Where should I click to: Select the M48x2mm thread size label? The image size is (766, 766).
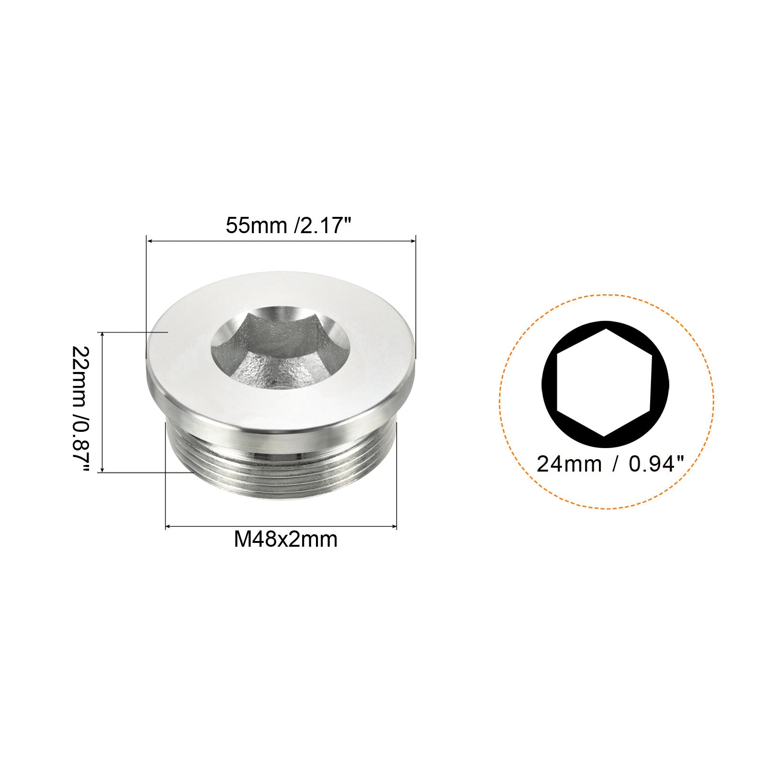pyautogui.click(x=285, y=540)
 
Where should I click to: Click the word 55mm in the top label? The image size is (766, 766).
pyautogui.click(x=256, y=225)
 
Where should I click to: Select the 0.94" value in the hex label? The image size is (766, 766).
pyautogui.click(x=656, y=464)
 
